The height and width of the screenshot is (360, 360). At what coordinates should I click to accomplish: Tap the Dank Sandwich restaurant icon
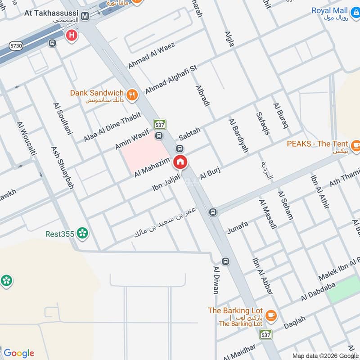point(131,94)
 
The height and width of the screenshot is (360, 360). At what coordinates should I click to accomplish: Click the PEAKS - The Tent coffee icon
point(356,145)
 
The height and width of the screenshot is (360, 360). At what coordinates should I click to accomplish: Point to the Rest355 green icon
point(82,233)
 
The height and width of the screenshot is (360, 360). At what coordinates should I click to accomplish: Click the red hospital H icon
point(71,35)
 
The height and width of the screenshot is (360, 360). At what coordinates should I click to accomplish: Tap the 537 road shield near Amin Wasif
point(159,124)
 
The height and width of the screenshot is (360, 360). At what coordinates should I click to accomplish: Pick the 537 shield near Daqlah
point(265,334)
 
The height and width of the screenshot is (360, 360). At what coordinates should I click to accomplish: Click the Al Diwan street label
point(216,279)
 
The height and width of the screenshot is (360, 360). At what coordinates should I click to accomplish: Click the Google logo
point(18,353)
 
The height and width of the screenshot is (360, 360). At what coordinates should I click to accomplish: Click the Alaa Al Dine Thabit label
point(109,128)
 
